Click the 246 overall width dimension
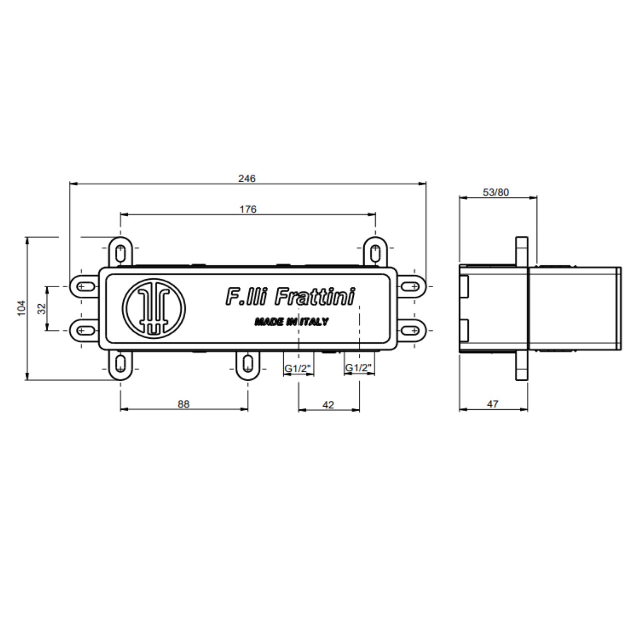point(247,178)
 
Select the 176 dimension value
point(248,209)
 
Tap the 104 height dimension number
point(22,308)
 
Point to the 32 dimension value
point(41,309)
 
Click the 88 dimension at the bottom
point(183,404)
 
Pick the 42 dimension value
point(328,405)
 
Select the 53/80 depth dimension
point(496,192)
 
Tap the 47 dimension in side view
point(492,404)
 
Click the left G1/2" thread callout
point(298,368)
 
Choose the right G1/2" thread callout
point(358,368)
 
